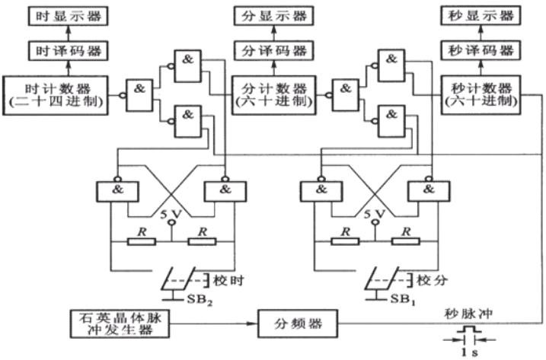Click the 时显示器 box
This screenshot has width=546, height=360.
click(x=69, y=16)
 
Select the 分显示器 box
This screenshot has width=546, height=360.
click(x=273, y=16)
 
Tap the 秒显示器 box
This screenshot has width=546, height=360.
click(x=481, y=16)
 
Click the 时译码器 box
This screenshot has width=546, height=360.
click(x=69, y=51)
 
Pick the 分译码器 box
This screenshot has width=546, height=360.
click(x=273, y=51)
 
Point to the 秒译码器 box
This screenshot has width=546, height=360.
click(x=481, y=50)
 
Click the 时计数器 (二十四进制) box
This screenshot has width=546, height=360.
click(x=56, y=95)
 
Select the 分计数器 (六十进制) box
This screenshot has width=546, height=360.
click(x=273, y=95)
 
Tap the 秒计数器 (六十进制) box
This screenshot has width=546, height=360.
click(x=481, y=95)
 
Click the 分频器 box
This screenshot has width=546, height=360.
click(x=298, y=323)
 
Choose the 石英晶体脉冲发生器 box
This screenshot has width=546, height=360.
click(x=120, y=323)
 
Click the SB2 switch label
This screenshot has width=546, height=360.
click(x=200, y=299)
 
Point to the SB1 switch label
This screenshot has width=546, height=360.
click(x=403, y=299)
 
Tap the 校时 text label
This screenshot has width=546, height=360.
click(x=228, y=280)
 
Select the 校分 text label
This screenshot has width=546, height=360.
click(x=432, y=280)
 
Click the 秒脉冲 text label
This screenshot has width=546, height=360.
click(x=468, y=314)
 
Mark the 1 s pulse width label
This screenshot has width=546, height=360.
click(x=469, y=352)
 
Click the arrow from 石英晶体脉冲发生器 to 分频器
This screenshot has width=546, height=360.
click(x=213, y=323)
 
